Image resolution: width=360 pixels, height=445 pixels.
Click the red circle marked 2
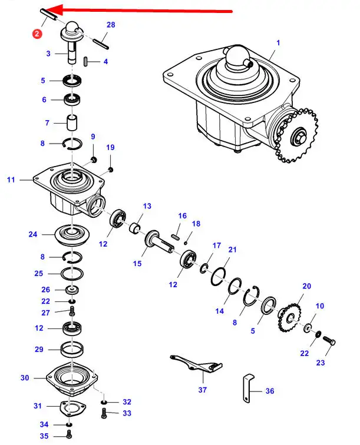37,34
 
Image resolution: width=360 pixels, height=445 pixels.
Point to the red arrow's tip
47,10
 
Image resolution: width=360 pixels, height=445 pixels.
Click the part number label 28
111,24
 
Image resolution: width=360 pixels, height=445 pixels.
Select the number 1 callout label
278,42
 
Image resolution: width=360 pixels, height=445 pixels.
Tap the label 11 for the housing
11,180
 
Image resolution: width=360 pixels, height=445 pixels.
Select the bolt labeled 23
329,341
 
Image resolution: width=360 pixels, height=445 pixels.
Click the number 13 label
147,206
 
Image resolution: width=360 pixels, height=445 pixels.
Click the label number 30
24,377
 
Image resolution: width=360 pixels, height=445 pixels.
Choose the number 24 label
32,234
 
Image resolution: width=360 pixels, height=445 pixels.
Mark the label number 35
44,436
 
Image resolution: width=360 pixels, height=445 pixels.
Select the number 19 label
110,147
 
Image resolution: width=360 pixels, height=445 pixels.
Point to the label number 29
39,349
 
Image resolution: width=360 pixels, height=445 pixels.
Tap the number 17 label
217,245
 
